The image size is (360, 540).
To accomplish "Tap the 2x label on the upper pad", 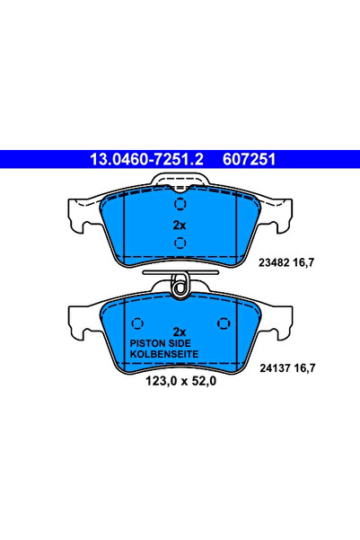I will tap(179, 226).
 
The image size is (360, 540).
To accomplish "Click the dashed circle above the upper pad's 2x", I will tap(179, 203).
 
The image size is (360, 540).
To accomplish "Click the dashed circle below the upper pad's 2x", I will tap(179, 243).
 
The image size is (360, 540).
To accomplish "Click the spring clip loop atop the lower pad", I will tap(179, 288).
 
